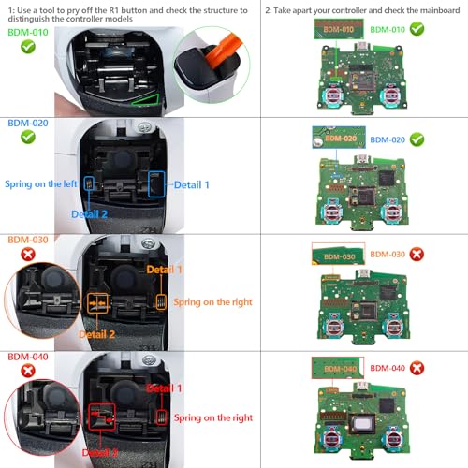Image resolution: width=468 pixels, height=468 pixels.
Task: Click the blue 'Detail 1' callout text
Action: [x=193, y=184]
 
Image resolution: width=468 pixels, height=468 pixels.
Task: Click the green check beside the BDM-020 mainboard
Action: [x=417, y=139]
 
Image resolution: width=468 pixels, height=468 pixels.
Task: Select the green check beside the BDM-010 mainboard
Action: [x=417, y=29]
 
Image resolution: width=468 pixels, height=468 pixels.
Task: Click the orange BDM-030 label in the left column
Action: [x=27, y=239]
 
